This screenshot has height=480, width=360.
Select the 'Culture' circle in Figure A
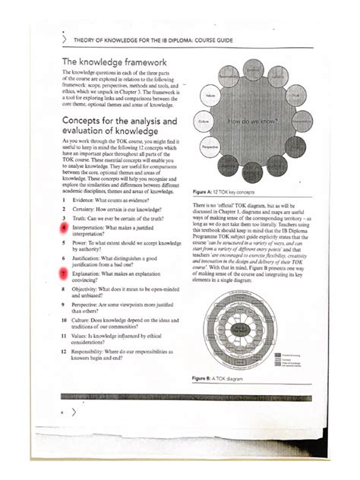coord(203,121)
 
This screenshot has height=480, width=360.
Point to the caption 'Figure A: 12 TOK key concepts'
coord(231,194)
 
